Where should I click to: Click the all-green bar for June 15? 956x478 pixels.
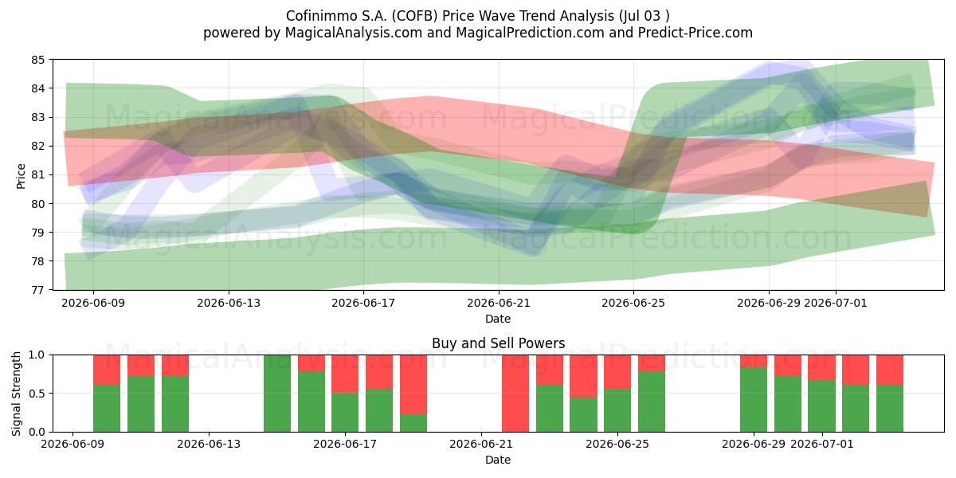(x=277, y=393)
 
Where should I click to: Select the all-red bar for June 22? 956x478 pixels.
(x=515, y=393)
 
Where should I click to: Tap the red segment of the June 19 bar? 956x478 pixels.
(x=413, y=385)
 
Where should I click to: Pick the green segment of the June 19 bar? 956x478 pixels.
(x=413, y=423)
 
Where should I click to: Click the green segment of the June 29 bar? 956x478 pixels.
(x=754, y=399)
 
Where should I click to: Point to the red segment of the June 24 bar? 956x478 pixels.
(x=583, y=376)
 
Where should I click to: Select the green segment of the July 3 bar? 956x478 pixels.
(x=890, y=409)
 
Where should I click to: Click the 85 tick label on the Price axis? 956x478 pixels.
(x=37, y=60)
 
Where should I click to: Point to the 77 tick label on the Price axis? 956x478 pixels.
(x=37, y=290)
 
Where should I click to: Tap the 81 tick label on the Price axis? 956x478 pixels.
(x=37, y=175)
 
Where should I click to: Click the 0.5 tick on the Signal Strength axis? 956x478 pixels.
(x=37, y=393)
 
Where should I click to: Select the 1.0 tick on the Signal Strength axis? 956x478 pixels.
(x=37, y=355)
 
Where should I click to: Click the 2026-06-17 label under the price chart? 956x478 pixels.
(x=363, y=303)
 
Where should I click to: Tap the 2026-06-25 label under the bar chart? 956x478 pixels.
(x=617, y=444)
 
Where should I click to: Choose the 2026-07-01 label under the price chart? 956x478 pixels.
(x=836, y=303)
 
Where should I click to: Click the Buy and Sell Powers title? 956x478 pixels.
(x=498, y=343)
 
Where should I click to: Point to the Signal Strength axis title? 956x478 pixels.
(x=16, y=394)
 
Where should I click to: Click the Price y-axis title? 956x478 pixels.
(x=21, y=176)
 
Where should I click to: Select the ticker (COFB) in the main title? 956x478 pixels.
(x=415, y=16)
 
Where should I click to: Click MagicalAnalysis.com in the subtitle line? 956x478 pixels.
(x=354, y=33)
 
